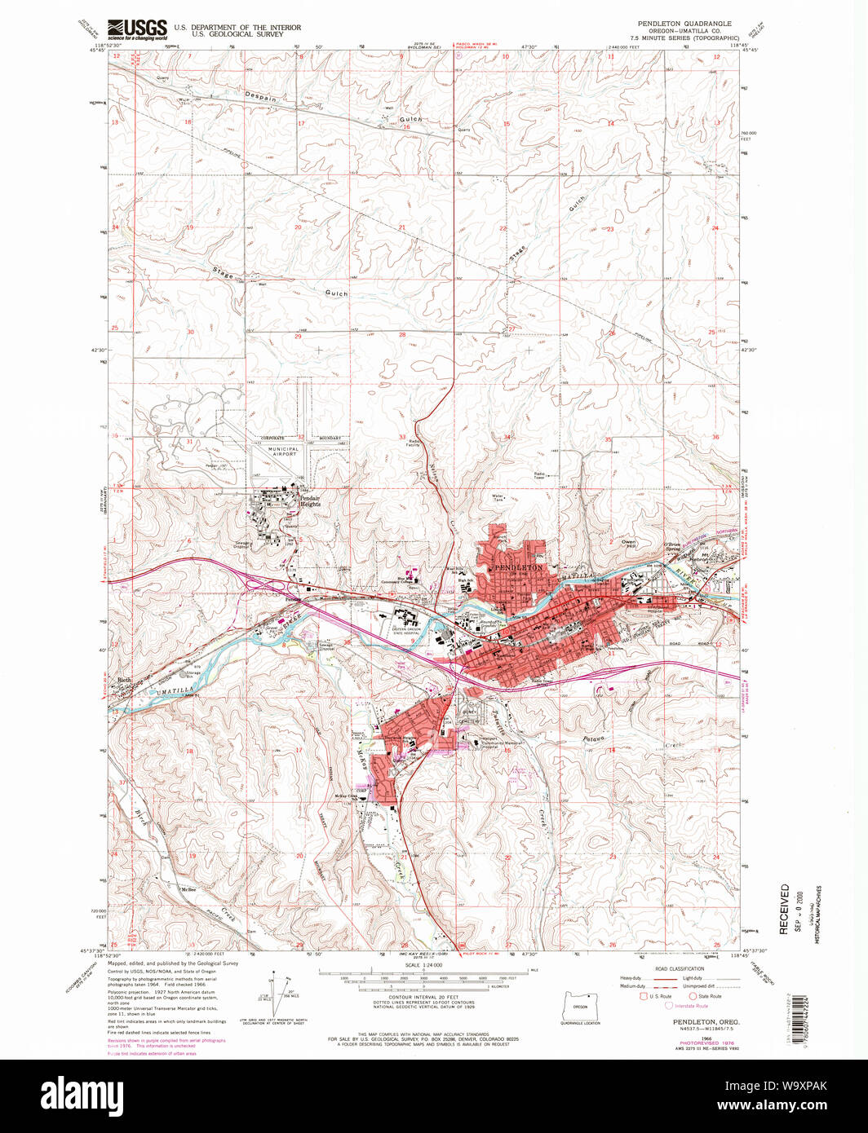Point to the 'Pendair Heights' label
(x=309, y=500)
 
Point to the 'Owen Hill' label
(x=627, y=544)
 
